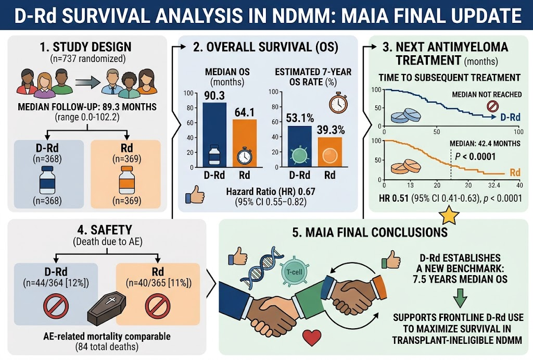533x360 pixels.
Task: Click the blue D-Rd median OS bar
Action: [x=214, y=134]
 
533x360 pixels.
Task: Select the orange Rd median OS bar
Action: [x=245, y=143]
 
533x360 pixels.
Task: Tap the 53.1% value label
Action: [x=300, y=118]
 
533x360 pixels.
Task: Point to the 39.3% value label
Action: [x=331, y=130]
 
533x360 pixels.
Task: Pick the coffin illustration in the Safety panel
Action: [x=107, y=309]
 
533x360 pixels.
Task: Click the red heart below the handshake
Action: [x=312, y=338]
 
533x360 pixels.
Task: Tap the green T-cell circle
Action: [x=295, y=272]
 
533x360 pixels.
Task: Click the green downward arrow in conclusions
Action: [x=460, y=298]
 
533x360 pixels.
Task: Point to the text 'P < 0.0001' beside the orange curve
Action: [x=475, y=156]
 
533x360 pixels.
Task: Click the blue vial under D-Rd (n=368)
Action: [x=47, y=180]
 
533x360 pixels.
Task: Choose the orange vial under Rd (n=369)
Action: [x=127, y=180]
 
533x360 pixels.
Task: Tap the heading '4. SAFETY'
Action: [x=105, y=230]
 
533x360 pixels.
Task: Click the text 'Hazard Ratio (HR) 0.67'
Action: [x=271, y=192]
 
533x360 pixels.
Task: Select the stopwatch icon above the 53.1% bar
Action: [x=338, y=103]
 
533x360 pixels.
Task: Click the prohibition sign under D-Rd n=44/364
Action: [x=56, y=306]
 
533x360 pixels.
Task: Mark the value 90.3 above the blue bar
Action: [x=214, y=96]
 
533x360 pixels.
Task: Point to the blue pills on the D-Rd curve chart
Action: [x=406, y=116]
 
